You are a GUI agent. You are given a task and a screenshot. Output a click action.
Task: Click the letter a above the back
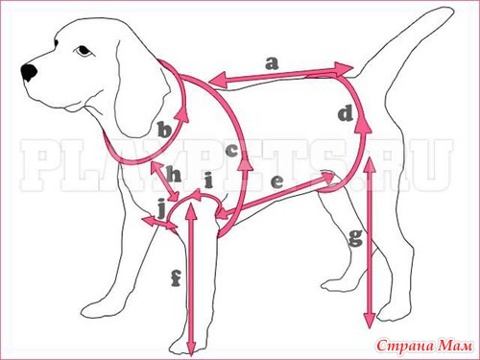pos(272,63)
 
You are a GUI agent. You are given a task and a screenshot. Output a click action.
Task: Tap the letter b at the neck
pos(164,130)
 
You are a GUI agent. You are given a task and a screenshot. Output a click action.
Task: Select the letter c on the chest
pos(232,151)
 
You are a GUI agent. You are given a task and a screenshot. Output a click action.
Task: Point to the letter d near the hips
pos(346,114)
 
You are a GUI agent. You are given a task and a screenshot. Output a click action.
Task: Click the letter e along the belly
pos(276,182)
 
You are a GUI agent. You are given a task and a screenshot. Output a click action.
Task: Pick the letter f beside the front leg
pos(176,277)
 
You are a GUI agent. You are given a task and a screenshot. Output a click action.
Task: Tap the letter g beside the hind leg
pos(355,238)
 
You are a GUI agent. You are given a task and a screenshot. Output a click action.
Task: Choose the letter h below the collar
pos(174,174)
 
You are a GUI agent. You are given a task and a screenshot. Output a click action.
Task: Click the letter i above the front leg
pos(208,180)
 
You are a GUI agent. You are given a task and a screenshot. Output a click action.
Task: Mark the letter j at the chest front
pos(162,208)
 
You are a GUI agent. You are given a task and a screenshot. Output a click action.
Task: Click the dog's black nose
pos(29,72)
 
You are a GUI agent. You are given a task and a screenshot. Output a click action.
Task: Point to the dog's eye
pos(84,51)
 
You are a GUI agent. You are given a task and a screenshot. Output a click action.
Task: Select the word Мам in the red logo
pos(454,346)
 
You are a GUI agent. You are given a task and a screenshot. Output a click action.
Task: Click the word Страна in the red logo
pos(405,347)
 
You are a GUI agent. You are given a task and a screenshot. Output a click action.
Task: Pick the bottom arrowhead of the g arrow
pos(370,320)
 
